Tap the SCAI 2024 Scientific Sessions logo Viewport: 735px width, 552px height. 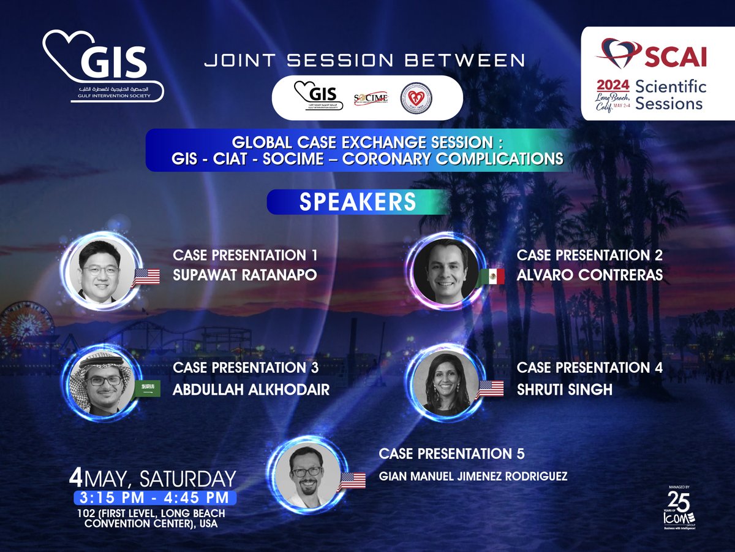[x=654, y=72]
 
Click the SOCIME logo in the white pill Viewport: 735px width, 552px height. [x=371, y=98]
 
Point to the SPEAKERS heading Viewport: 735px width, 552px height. [x=357, y=202]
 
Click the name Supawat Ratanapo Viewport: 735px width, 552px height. [x=245, y=275]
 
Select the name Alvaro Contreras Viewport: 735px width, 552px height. [x=589, y=275]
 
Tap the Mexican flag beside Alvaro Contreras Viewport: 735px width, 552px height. [x=492, y=277]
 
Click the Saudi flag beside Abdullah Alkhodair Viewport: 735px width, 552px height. [x=147, y=388]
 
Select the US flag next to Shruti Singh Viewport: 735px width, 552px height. [x=490, y=388]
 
